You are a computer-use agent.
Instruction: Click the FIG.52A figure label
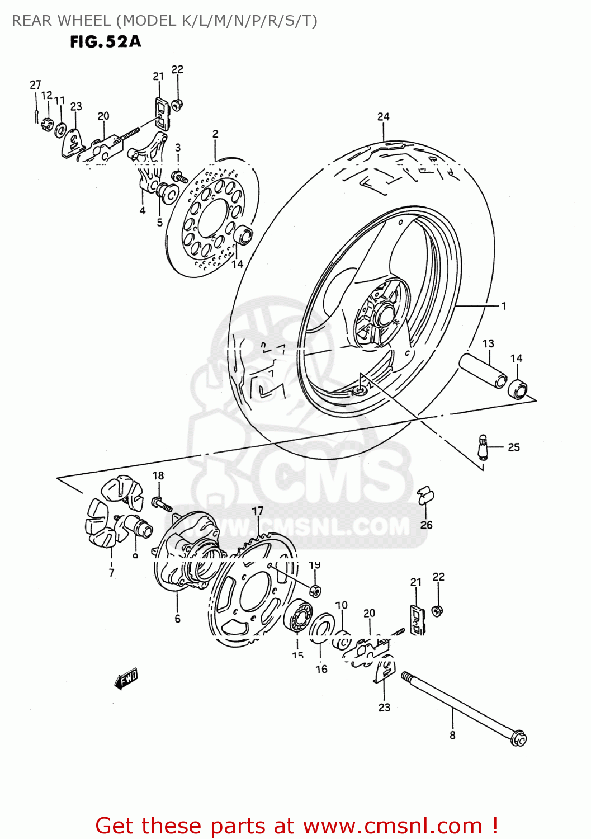click(106, 42)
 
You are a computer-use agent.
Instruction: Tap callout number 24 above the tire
click(383, 116)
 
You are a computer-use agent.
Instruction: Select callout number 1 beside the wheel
click(504, 306)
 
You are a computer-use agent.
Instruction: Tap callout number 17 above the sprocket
click(257, 511)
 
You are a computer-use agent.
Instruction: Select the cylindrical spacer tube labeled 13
click(483, 370)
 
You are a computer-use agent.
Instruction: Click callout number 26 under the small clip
click(427, 525)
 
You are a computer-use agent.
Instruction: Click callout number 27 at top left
click(35, 85)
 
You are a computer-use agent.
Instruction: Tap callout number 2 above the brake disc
click(215, 134)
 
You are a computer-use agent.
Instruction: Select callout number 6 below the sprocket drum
click(177, 618)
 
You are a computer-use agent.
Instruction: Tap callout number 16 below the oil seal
click(321, 669)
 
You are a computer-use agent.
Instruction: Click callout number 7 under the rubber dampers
click(111, 572)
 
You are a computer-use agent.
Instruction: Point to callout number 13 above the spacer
click(488, 343)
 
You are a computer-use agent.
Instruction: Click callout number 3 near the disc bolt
click(178, 148)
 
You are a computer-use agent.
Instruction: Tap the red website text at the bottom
click(296, 826)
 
